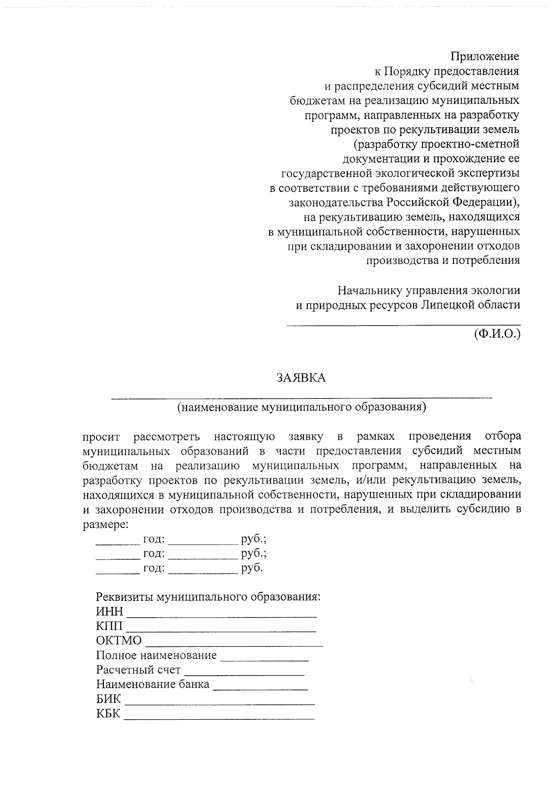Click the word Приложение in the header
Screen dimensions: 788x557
click(x=485, y=57)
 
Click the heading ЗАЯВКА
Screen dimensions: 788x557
click(x=301, y=378)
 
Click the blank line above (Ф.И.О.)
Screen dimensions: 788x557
click(x=403, y=324)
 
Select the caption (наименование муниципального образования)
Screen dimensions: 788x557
click(x=301, y=407)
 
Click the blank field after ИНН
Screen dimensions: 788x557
click(x=222, y=616)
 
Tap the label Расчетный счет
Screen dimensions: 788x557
click(x=138, y=670)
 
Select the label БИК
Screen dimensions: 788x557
click(x=109, y=699)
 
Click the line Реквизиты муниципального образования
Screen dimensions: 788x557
click(x=208, y=597)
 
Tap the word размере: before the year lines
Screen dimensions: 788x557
click(x=105, y=525)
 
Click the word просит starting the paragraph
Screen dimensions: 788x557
click(x=102, y=437)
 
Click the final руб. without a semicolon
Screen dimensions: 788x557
click(x=252, y=568)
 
